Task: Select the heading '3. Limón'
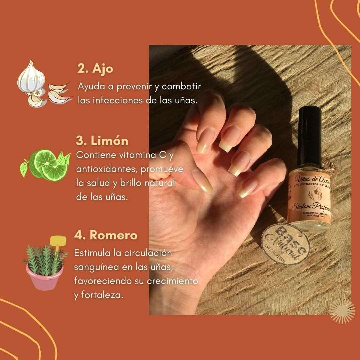(x=102, y=141)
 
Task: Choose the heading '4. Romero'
(x=105, y=235)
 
